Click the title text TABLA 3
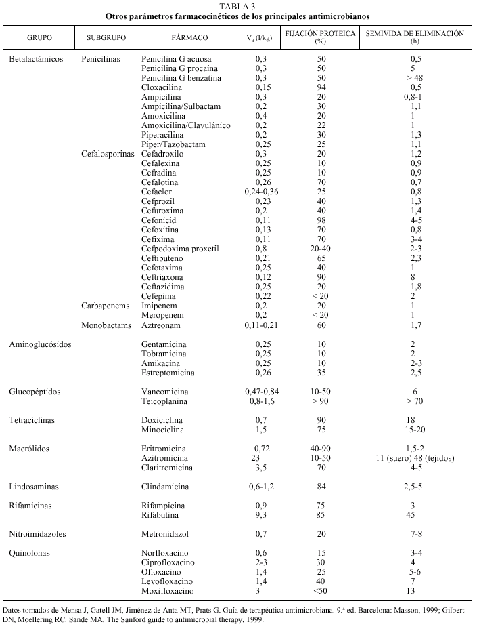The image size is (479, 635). pyautogui.click(x=239, y=5)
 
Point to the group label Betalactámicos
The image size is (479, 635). pyautogui.click(x=37, y=59)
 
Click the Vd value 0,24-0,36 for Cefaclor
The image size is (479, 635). pyautogui.click(x=261, y=192)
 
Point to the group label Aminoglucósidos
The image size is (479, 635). pyautogui.click(x=40, y=344)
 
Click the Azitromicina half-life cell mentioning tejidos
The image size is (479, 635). pyautogui.click(x=415, y=458)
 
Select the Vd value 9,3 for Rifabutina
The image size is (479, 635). pyautogui.click(x=261, y=515)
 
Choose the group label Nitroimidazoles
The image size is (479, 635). pyautogui.click(x=38, y=534)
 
